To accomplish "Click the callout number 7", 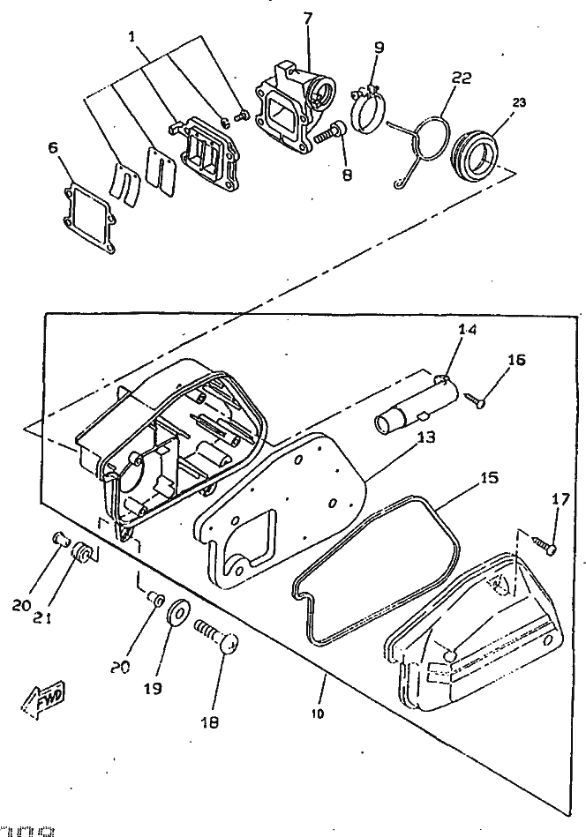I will click(307, 19).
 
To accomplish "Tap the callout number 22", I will click(461, 78).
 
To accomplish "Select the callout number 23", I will click(519, 103).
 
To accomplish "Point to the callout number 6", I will click(54, 149).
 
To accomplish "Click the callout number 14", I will click(466, 330).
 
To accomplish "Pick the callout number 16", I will click(516, 360).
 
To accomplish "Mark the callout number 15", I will click(488, 478).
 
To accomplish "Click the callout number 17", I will click(560, 499).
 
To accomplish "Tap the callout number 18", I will click(210, 721).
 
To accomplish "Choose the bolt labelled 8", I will click(329, 133).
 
